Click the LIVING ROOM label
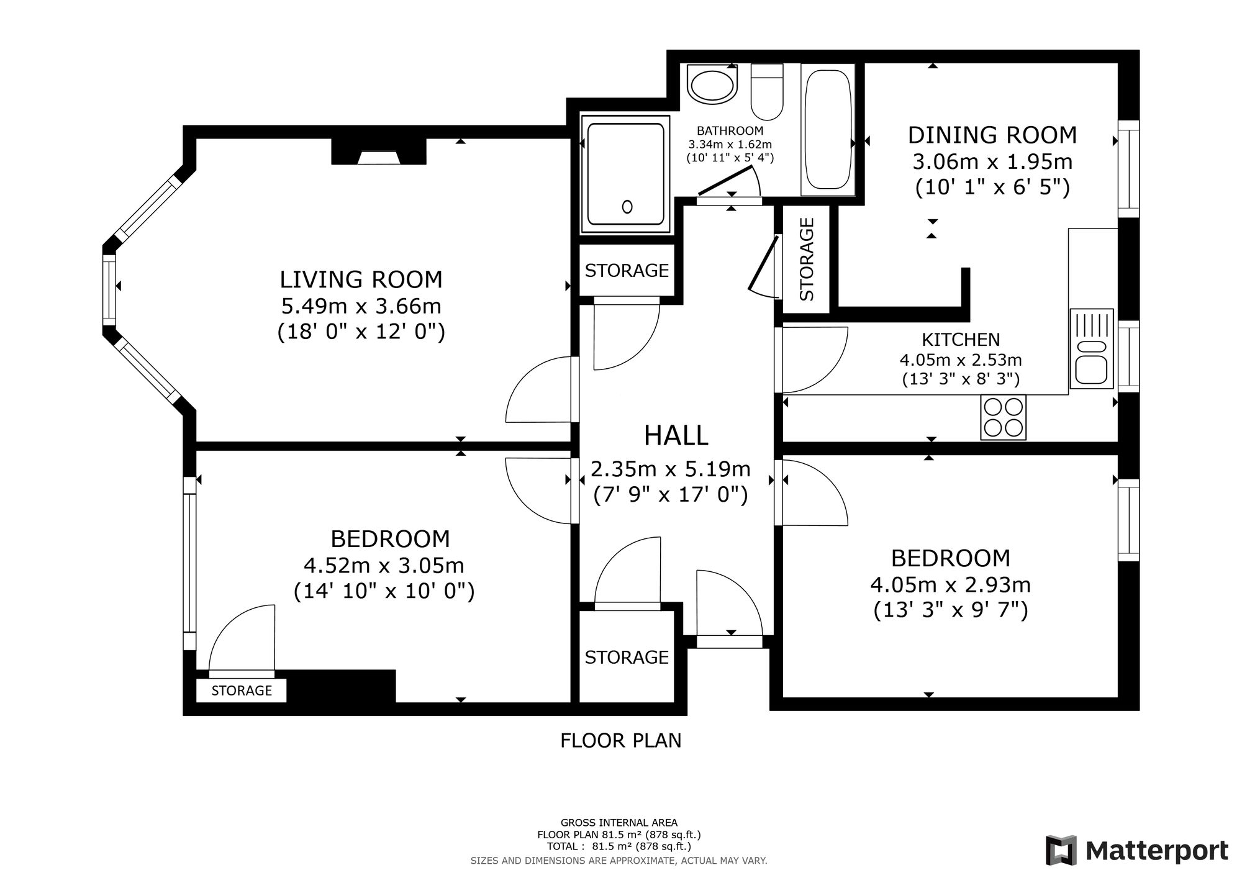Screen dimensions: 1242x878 [x=361, y=279]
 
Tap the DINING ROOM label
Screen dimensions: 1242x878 [x=992, y=135]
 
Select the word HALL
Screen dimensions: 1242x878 [x=676, y=435]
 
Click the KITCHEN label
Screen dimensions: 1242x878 [x=961, y=340]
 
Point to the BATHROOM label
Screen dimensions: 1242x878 [x=730, y=131]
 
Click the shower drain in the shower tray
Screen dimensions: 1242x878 [x=627, y=207]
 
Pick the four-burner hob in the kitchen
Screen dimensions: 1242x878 [x=1004, y=417]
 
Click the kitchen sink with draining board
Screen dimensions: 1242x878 [x=1092, y=348]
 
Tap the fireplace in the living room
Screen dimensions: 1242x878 [x=379, y=152]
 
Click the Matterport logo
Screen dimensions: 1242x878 [x=1137, y=851]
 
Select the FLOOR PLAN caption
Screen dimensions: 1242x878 [x=621, y=741]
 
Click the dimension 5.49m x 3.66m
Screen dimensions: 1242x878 [x=361, y=306]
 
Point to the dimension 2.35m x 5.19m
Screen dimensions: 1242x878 [x=671, y=469]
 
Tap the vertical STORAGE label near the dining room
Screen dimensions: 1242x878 [x=806, y=260]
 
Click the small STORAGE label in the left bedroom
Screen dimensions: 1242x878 [x=242, y=690]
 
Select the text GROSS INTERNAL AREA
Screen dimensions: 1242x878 [x=619, y=823]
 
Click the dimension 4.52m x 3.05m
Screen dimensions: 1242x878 [x=384, y=566]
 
